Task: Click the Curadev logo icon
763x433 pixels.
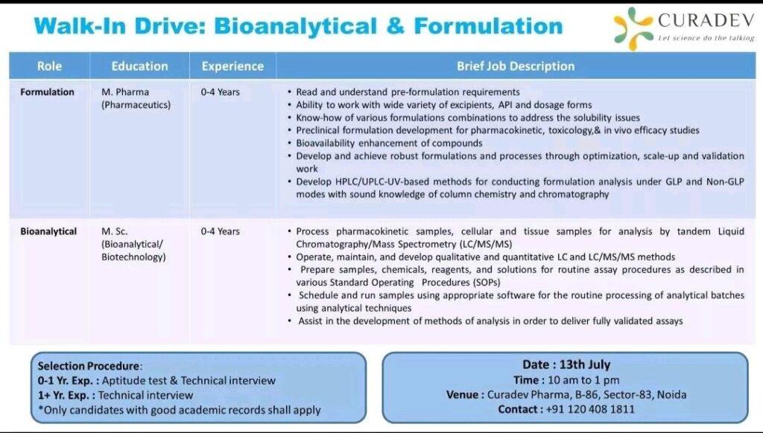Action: click(633, 28)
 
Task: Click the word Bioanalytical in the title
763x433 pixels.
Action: click(295, 26)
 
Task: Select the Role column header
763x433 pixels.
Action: click(49, 66)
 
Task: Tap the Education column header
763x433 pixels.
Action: click(139, 66)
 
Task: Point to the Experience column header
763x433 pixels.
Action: click(232, 66)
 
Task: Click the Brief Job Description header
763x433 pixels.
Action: click(516, 66)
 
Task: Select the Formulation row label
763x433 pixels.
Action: click(47, 92)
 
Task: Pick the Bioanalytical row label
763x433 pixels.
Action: click(48, 231)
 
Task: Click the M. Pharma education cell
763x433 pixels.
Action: click(136, 98)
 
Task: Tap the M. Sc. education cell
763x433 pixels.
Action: click(133, 244)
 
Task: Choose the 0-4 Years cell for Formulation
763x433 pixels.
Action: click(221, 92)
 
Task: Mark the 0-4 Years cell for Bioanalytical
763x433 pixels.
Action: click(221, 231)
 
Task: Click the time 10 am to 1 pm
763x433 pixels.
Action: click(584, 380)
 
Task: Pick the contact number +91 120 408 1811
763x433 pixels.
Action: click(590, 409)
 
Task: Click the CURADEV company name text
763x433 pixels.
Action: click(706, 20)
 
